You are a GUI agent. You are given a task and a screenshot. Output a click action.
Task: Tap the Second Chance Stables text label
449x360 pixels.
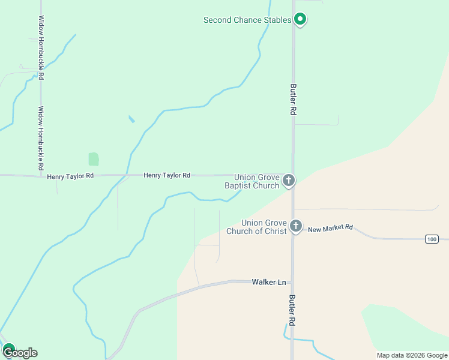point(247,20)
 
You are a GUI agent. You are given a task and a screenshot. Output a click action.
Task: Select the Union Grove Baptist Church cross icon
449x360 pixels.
point(289,180)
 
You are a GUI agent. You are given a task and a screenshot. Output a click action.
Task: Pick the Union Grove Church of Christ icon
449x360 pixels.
point(295,226)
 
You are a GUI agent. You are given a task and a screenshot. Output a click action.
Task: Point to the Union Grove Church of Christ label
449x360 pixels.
point(256,227)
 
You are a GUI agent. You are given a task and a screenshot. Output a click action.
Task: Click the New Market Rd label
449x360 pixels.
point(331,229)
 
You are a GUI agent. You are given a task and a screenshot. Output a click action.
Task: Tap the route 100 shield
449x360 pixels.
point(432,239)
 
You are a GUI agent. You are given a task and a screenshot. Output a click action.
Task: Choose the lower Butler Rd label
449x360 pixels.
point(292,310)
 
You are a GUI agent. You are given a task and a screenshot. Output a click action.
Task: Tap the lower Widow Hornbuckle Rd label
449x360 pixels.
point(41,138)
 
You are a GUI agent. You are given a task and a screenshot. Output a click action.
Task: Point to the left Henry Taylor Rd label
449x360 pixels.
point(70,176)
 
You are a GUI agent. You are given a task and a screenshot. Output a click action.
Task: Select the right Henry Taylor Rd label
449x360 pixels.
point(167,175)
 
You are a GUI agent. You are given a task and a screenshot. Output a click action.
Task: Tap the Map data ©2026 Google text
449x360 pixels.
point(411,355)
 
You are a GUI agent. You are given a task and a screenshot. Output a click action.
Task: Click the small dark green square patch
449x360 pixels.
point(94,159)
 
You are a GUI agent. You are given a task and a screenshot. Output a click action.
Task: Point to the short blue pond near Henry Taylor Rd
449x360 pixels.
point(131,119)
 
